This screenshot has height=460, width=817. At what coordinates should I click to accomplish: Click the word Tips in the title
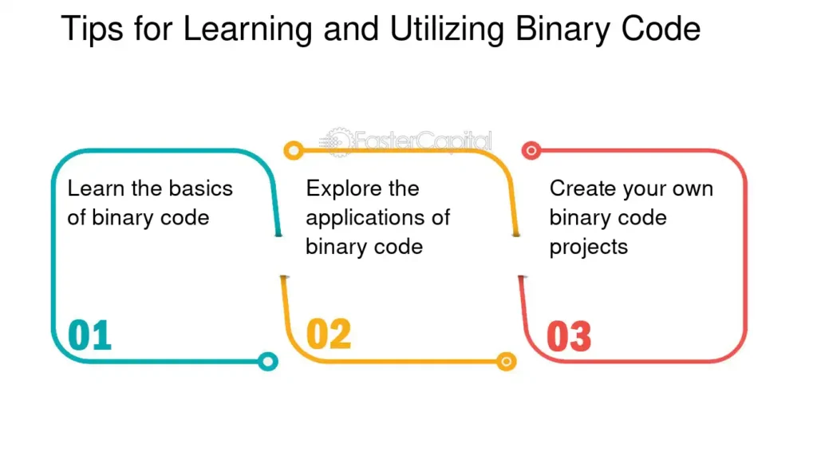pos(93,30)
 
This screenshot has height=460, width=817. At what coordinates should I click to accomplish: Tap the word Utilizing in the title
pos(447,30)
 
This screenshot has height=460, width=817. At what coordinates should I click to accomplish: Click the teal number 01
pos(89,335)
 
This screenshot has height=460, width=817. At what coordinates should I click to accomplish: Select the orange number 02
pos(329,335)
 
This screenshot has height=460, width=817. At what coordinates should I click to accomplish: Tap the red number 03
pos(569,336)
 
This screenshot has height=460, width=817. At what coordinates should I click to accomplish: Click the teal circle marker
pos(268,362)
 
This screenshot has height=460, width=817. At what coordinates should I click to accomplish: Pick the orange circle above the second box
pos(294,151)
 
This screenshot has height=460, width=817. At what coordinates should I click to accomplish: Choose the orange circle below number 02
pos(506,362)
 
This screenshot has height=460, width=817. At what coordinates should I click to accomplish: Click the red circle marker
pos(531,151)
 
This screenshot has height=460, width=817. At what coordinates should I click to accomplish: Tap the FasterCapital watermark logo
pos(406,141)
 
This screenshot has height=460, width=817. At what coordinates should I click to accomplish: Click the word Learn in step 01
pos(97,188)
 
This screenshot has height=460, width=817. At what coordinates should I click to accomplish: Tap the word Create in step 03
pos(581,188)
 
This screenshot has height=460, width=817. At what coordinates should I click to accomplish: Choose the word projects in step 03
pos(589,248)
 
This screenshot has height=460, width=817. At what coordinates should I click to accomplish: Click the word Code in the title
pos(661,30)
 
